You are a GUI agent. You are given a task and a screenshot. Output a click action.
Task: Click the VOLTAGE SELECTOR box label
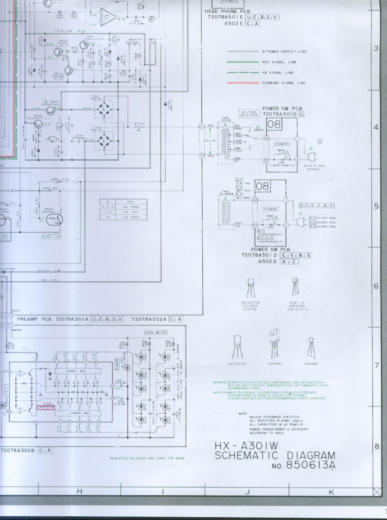[249, 114]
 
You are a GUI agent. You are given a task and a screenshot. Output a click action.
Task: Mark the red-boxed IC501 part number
[46, 407]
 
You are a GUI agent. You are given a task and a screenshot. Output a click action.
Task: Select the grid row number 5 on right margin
[377, 206]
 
